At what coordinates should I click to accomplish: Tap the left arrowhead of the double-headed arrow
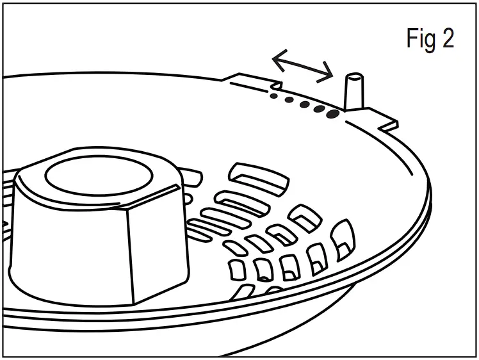278,60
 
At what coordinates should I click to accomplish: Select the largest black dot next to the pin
332,114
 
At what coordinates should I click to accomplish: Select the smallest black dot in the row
274,97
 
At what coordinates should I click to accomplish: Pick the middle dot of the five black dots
304,104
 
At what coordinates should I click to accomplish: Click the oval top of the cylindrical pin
354,78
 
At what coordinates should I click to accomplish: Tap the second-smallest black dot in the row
289,101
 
